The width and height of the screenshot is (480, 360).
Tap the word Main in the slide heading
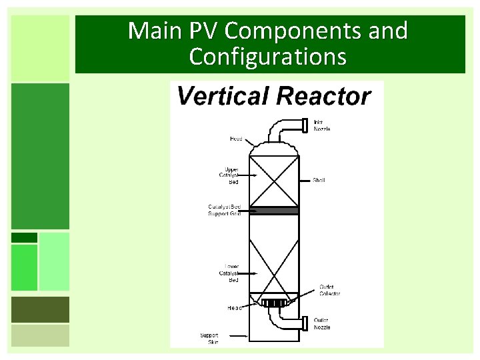tap(150, 31)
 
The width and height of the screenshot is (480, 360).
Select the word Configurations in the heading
tap(267, 57)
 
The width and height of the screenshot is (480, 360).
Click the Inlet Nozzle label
tap(321, 125)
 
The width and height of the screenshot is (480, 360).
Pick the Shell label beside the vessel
tap(319, 181)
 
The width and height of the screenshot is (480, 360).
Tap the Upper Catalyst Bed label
tap(231, 175)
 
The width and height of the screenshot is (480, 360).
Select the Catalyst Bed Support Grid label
tap(224, 210)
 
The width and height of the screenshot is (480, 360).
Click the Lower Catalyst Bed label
tap(229, 273)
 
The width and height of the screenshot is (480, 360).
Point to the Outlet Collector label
tap(329, 291)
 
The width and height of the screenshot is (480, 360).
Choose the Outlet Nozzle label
tap(321, 324)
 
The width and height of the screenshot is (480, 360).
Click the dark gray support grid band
tap(273, 211)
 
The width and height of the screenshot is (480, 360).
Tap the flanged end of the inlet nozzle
tap(303, 125)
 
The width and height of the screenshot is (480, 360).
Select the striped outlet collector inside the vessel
tap(273, 304)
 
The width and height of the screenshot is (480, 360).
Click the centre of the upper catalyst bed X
tap(273, 181)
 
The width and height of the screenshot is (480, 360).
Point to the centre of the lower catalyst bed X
tap(273, 265)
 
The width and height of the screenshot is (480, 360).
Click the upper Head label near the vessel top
tap(236, 139)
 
